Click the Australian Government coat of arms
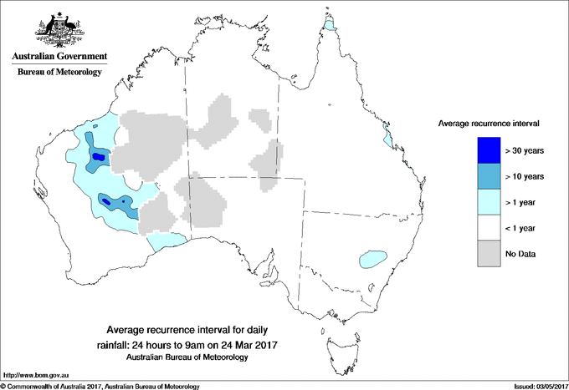click(59, 28)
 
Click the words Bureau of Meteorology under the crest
click(59, 72)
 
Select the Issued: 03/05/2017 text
click(536, 386)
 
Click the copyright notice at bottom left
click(100, 386)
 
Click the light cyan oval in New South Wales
click(372, 259)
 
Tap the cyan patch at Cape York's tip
click(330, 28)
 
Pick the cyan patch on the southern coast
click(167, 242)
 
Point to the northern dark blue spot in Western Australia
click(99, 156)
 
